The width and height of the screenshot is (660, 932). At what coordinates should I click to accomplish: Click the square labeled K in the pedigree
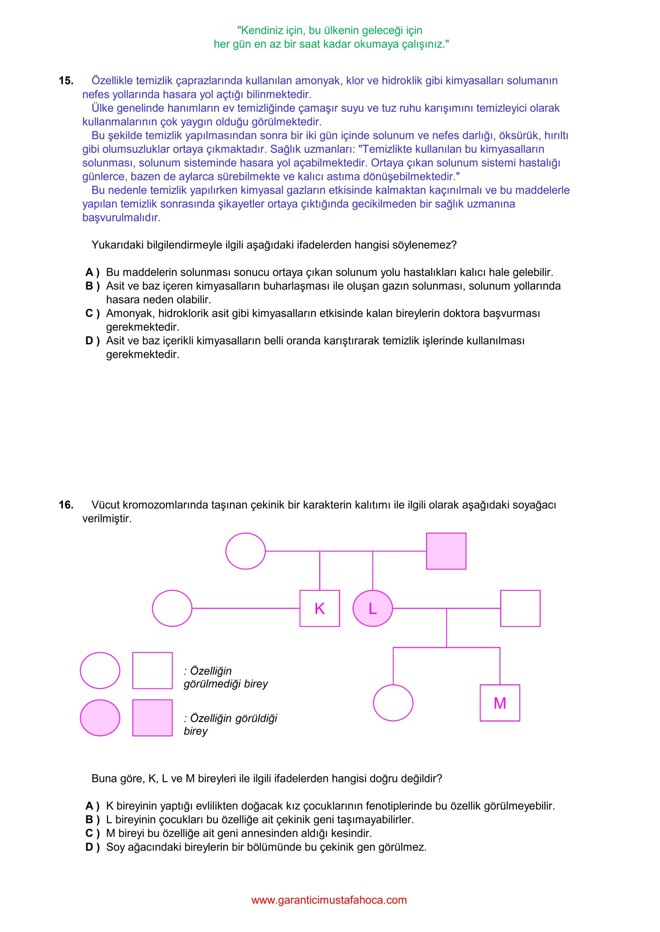pyautogui.click(x=319, y=608)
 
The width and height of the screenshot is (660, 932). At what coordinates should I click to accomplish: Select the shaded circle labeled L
pyautogui.click(x=372, y=608)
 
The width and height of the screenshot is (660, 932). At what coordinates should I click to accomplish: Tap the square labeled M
pyautogui.click(x=500, y=703)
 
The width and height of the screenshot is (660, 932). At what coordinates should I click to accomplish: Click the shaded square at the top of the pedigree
pyautogui.click(x=446, y=551)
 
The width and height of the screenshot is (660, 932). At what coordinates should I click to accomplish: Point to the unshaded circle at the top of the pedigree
pyautogui.click(x=245, y=551)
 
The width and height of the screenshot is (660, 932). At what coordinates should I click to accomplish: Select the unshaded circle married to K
pyautogui.click(x=172, y=608)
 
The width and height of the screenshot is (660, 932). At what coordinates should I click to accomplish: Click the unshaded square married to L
pyautogui.click(x=520, y=608)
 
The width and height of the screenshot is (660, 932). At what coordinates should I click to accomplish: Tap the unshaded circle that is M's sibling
pyautogui.click(x=393, y=703)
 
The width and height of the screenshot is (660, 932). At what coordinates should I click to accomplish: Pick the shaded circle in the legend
pyautogui.click(x=100, y=718)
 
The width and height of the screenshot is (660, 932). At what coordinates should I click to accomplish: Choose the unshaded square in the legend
pyautogui.click(x=152, y=670)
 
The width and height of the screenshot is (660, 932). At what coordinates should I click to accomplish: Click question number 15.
pyautogui.click(x=66, y=81)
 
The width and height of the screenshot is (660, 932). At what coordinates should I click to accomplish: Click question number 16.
pyautogui.click(x=66, y=505)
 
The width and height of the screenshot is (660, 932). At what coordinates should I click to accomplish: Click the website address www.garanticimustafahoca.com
pyautogui.click(x=329, y=900)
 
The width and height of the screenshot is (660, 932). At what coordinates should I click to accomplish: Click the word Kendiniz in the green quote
pyautogui.click(x=260, y=30)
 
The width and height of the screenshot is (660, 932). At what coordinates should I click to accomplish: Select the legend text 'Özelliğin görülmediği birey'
pyautogui.click(x=226, y=677)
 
